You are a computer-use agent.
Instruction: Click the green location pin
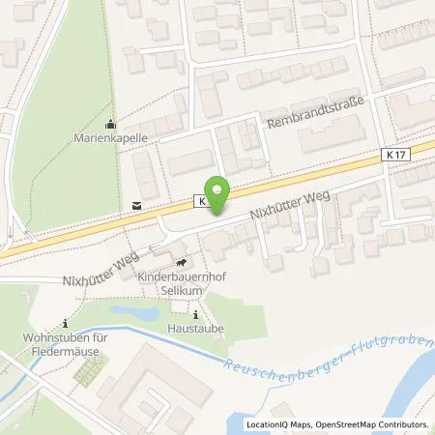coord(217,195)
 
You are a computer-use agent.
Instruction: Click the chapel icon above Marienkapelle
coord(109,123)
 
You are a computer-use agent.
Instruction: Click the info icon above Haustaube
coord(197,314)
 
